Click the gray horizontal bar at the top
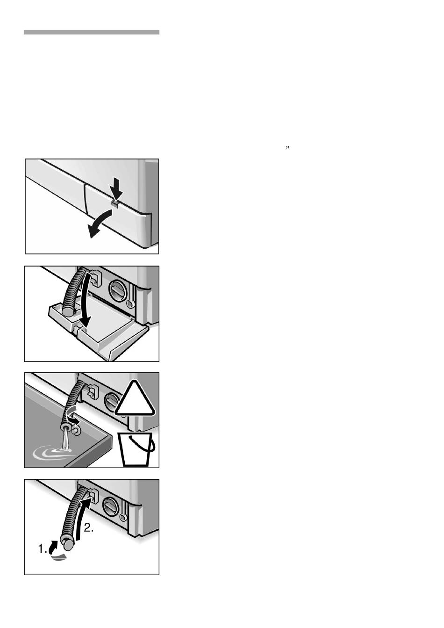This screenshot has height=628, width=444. pyautogui.click(x=92, y=32)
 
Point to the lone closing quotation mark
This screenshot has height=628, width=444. pyautogui.click(x=287, y=147)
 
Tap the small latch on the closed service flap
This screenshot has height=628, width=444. pyautogui.click(x=115, y=203)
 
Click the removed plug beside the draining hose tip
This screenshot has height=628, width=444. pyautogui.click(x=75, y=432)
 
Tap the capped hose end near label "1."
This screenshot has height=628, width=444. pyautogui.click(x=67, y=544)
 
